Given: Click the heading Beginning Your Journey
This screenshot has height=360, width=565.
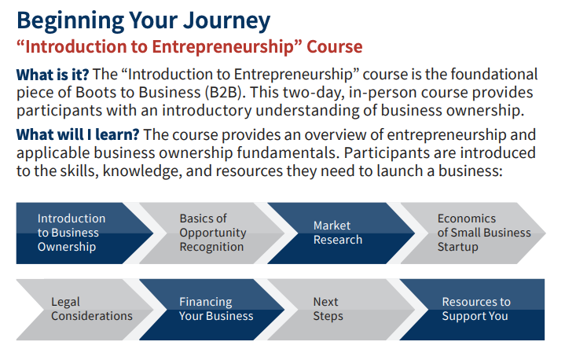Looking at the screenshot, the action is click(143, 21).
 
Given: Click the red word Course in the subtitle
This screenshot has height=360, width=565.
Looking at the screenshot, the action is click(335, 47).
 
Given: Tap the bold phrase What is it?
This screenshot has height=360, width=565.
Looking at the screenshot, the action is click(53, 75).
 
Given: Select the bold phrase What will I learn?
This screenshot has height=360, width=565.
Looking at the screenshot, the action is click(78, 134).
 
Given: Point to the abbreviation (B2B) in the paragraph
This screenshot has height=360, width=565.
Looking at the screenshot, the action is click(223, 93).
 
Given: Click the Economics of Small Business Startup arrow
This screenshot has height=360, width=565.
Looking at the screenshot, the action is click(473, 233).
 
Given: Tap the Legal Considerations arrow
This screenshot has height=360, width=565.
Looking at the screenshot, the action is click(85, 310).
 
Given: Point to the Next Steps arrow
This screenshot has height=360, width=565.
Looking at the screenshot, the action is click(341, 310).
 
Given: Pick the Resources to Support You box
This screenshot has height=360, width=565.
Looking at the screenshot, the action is click(472, 310).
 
